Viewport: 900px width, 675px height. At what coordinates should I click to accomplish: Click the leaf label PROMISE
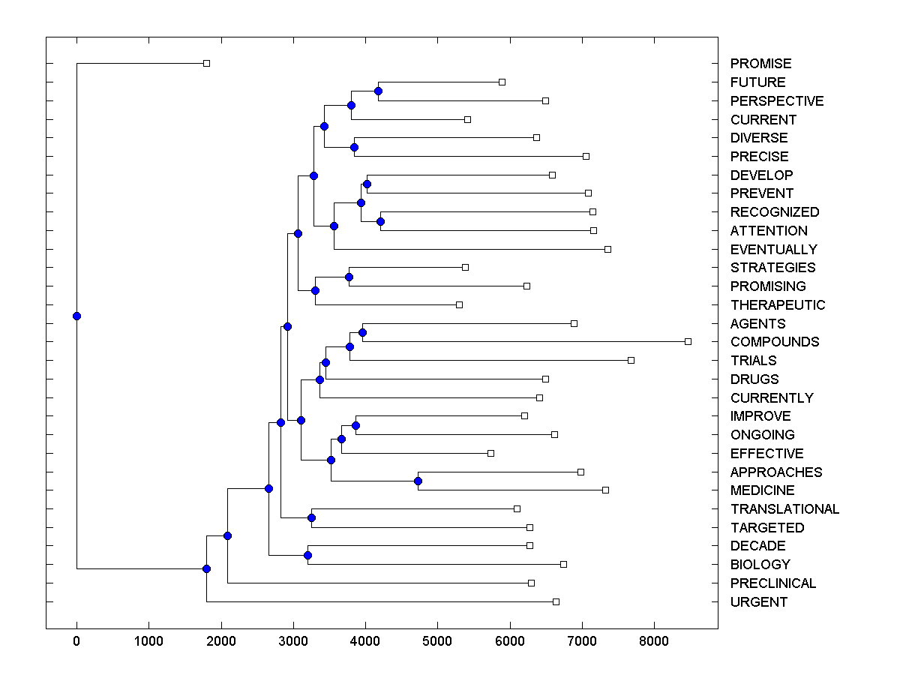point(760,64)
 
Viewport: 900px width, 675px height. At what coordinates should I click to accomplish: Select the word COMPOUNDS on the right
point(775,342)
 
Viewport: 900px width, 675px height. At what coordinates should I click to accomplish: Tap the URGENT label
point(759,602)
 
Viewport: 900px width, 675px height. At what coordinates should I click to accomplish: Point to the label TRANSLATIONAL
point(784,509)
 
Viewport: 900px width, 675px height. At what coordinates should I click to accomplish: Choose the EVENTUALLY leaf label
point(773,250)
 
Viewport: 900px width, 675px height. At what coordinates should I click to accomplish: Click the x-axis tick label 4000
point(365,641)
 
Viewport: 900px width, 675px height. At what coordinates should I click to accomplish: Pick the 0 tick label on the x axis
point(76,641)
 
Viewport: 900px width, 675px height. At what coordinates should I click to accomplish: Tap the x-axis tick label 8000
point(654,641)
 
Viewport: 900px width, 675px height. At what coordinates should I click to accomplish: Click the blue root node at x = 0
point(76,316)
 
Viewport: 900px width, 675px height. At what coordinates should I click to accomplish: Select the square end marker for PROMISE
point(207,64)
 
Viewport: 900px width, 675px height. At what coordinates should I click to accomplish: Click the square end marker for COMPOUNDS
point(688,342)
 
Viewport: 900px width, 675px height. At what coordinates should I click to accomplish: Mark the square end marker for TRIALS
point(631,361)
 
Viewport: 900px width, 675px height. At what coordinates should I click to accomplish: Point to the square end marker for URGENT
point(556,601)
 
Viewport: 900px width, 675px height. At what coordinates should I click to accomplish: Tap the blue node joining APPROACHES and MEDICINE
point(418,481)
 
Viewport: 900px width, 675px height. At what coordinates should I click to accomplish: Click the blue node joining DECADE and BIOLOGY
point(307,555)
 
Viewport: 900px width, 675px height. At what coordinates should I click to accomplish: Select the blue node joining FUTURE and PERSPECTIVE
point(379,91)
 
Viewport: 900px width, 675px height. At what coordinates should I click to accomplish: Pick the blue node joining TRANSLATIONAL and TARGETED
point(312,518)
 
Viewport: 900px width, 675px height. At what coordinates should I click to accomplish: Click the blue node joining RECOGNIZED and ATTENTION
point(380,221)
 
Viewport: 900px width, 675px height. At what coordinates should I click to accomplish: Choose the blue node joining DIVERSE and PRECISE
point(355,147)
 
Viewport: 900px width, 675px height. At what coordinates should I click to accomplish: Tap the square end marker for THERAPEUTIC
point(459,304)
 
